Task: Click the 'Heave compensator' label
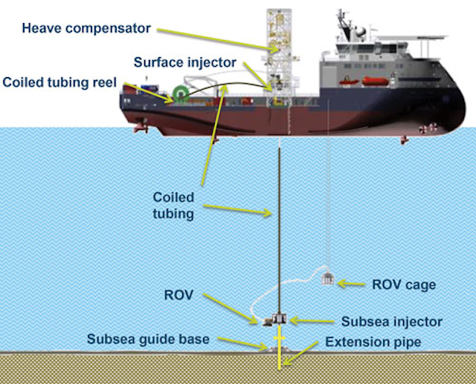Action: click(x=86, y=29)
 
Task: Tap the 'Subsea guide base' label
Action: click(x=148, y=339)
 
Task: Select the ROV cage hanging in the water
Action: click(x=328, y=280)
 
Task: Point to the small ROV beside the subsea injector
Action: click(x=265, y=321)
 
